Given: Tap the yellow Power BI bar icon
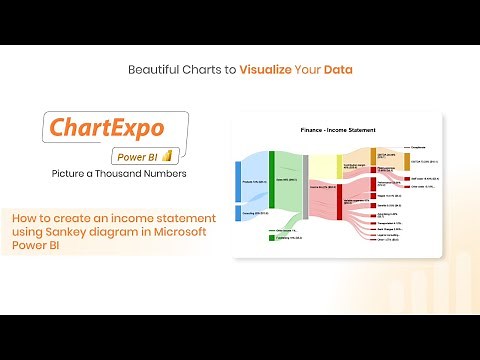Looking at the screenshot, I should [x=170, y=154].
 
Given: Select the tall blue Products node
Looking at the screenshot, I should [x=237, y=182].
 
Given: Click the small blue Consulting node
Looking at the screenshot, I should [x=237, y=214].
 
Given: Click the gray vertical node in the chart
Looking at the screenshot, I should [x=305, y=186].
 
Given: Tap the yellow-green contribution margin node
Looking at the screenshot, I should [x=339, y=164].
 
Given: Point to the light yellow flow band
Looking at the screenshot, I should [x=322, y=166].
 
